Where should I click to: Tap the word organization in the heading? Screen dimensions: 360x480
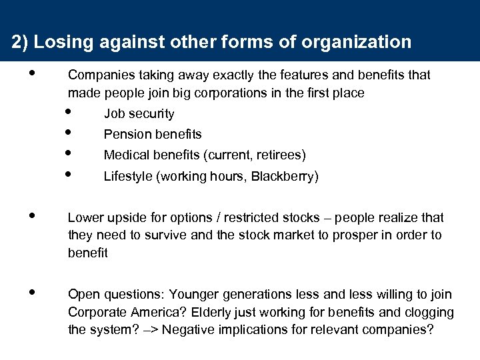[x=357, y=43]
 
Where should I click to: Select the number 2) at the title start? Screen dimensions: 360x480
[x=20, y=43]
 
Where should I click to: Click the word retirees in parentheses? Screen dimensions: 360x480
[x=280, y=155]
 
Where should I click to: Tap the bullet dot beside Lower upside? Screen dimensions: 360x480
[x=33, y=215]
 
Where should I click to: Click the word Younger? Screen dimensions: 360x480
[x=194, y=295]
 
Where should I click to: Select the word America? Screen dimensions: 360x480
[x=150, y=312]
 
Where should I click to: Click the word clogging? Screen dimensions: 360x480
[x=429, y=312]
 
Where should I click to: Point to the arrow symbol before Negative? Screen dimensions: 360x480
[x=151, y=330]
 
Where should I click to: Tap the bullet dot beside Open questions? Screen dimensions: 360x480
[x=33, y=292]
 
